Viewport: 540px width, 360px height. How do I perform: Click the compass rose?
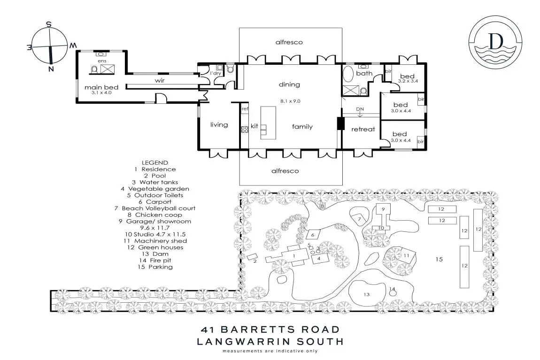[49, 46]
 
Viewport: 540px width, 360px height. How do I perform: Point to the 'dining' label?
[289, 84]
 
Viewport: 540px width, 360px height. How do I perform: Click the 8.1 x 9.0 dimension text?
[290, 101]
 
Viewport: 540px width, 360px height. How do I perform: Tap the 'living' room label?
[219, 125]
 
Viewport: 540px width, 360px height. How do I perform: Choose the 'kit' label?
[255, 126]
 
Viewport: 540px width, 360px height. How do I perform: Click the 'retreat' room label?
[363, 129]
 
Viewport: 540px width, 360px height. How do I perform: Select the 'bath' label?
[364, 74]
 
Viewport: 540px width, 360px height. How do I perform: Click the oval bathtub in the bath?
[348, 74]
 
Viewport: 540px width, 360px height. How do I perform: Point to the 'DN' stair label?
[360, 109]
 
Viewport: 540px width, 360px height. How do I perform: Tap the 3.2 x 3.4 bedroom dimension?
[408, 81]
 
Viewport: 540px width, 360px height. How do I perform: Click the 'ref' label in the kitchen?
[244, 109]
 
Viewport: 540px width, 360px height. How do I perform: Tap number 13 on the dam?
[367, 294]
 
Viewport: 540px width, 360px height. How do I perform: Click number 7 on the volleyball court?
[359, 219]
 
